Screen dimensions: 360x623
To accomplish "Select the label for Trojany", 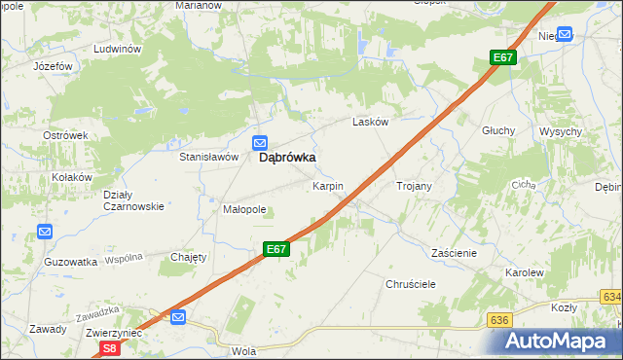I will (x=414, y=185).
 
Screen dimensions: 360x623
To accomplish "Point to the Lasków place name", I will (x=370, y=123).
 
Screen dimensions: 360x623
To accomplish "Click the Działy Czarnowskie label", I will (x=133, y=199).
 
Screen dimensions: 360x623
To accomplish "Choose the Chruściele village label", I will (x=410, y=284).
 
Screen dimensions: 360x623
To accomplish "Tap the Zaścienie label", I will (x=454, y=252).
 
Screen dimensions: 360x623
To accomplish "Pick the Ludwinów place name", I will (x=118, y=48).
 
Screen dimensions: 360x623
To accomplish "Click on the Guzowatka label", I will (x=70, y=262).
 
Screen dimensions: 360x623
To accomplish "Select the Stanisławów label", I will (x=208, y=156).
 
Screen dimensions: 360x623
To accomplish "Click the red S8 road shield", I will (x=111, y=347).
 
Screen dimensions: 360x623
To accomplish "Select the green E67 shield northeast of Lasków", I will (x=502, y=58).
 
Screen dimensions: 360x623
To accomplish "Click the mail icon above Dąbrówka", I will (x=261, y=142).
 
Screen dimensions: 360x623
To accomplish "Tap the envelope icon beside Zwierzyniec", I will (x=177, y=317).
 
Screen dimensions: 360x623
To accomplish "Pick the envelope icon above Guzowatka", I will (x=45, y=232).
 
